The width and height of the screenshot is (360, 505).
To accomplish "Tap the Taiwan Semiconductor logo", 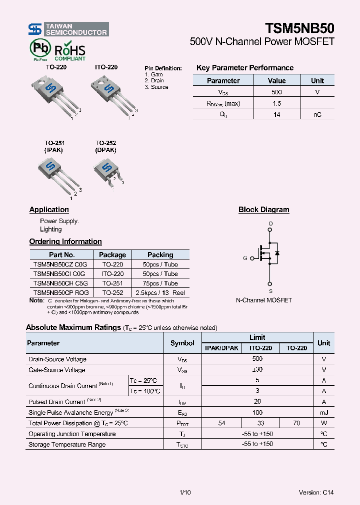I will pos(68,29).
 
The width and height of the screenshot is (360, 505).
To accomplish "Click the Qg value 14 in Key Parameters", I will pos(276,115).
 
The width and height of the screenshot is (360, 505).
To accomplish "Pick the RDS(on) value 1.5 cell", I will pos(276,103).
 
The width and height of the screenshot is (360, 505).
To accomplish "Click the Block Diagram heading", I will pos(263,210).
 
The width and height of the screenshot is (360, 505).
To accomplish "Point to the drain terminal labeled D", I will pos(270,224).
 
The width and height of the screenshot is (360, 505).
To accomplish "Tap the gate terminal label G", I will pos(245,258).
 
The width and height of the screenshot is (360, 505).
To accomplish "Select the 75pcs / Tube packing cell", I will pos(160,283).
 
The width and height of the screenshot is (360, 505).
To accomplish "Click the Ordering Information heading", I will pos(65,242).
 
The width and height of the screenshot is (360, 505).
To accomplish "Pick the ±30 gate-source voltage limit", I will pos(257,370).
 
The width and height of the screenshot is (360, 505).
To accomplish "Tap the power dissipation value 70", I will pos(296,423).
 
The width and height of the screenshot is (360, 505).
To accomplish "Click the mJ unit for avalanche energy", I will pos(324,413).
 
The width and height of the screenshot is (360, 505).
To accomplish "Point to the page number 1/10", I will pos(185,492).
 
